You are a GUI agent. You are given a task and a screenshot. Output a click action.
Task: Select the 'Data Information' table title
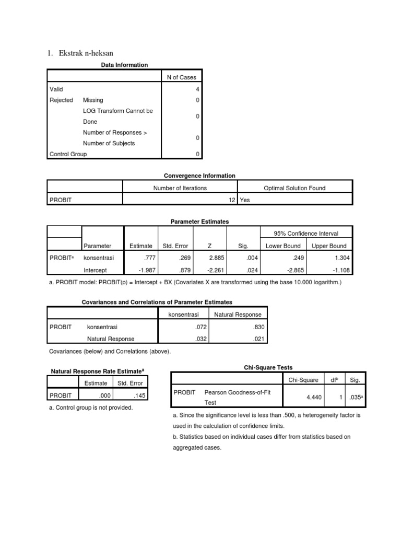[x=124, y=65]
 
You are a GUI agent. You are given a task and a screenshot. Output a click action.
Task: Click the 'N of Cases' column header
[x=181, y=77]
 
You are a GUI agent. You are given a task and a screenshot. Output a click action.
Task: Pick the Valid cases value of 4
[x=197, y=89]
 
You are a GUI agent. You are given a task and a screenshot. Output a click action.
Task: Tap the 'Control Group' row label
[x=68, y=154]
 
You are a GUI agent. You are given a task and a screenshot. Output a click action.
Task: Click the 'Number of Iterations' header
[x=180, y=188]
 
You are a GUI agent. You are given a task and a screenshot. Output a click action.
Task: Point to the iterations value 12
[x=232, y=200]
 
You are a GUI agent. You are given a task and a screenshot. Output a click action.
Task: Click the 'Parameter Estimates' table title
[x=200, y=222]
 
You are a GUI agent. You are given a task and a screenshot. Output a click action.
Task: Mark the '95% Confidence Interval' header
[x=306, y=233]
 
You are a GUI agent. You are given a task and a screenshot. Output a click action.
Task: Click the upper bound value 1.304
[x=342, y=258]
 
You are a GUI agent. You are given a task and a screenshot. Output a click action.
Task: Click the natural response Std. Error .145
[x=137, y=396]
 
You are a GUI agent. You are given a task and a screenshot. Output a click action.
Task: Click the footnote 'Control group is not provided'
[x=90, y=408]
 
